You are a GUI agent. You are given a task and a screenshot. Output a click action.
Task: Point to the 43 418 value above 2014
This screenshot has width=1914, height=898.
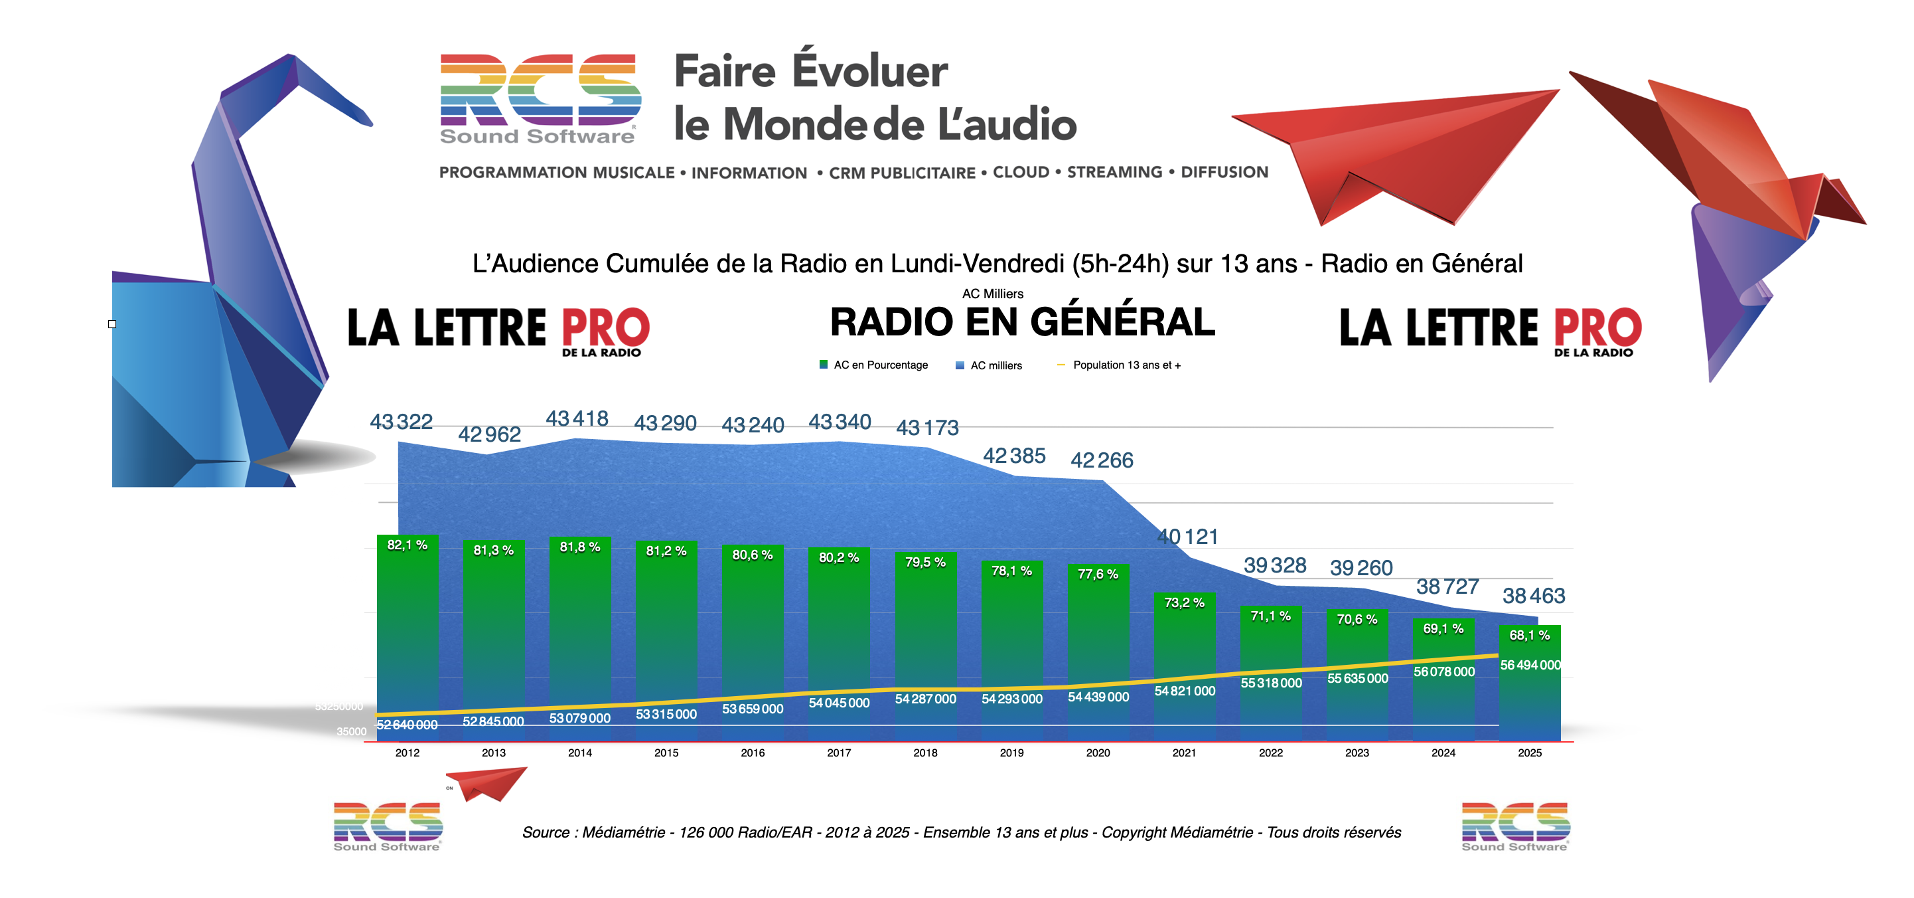(x=577, y=419)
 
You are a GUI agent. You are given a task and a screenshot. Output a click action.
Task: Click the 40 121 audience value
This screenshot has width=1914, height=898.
(x=1187, y=537)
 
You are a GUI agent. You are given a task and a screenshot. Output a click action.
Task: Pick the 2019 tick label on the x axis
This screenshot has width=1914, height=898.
(x=1011, y=753)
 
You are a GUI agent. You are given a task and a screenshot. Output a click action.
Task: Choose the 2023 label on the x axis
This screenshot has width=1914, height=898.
(x=1357, y=753)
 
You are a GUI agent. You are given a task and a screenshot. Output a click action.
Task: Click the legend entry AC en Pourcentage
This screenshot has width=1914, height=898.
(x=874, y=365)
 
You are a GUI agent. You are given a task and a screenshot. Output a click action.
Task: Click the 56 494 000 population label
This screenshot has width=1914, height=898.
(x=1530, y=666)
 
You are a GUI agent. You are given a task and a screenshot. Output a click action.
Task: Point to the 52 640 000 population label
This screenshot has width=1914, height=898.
(x=407, y=725)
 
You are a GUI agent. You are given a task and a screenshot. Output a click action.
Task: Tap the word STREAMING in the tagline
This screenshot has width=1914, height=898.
(x=1114, y=173)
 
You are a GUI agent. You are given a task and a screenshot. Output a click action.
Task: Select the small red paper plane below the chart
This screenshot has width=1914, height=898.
(x=486, y=783)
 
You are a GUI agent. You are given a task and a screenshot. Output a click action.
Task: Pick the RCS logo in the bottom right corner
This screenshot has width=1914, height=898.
(x=1515, y=826)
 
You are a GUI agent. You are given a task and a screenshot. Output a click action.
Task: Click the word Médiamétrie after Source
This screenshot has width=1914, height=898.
(x=623, y=833)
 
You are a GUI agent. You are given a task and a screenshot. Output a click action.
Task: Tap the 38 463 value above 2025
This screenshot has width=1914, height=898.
(x=1534, y=596)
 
